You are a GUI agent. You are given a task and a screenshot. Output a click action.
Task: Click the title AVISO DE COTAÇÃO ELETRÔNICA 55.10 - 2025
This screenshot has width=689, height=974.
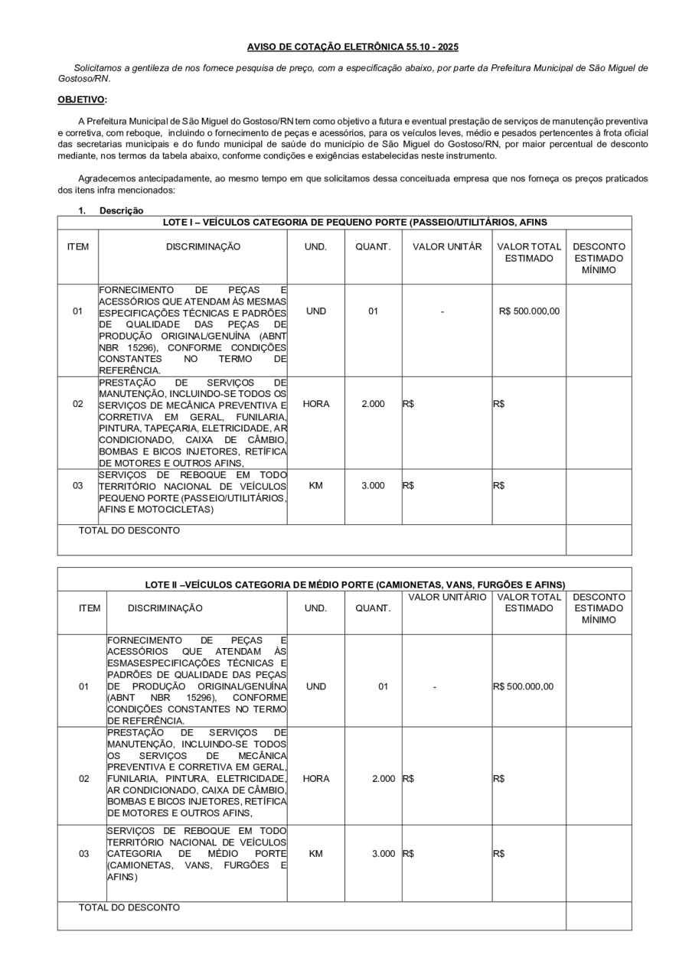pyautogui.click(x=353, y=47)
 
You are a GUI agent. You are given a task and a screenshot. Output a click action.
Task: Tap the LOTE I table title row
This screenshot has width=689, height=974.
pyautogui.click(x=354, y=223)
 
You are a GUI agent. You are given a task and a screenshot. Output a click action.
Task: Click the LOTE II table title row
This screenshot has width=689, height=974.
pyautogui.click(x=355, y=585)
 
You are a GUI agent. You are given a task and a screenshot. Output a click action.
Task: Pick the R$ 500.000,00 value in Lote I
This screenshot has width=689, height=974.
pyautogui.click(x=529, y=311)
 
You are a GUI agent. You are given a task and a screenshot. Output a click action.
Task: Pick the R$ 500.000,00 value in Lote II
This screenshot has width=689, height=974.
pyautogui.click(x=528, y=686)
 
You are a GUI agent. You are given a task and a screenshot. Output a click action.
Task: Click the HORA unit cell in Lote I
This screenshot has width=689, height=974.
pyautogui.click(x=316, y=403)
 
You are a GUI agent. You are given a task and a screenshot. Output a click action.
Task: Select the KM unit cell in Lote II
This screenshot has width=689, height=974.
pyautogui.click(x=316, y=853)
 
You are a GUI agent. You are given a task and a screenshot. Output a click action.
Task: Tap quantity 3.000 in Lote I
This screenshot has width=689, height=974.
pyautogui.click(x=373, y=485)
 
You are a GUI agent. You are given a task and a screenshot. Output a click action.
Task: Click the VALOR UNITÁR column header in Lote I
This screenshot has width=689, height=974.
pyautogui.click(x=447, y=246)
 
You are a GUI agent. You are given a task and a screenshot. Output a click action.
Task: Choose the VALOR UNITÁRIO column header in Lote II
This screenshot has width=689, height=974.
pyautogui.click(x=447, y=596)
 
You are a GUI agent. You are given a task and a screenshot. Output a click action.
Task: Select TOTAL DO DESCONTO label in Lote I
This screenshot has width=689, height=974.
pyautogui.click(x=129, y=530)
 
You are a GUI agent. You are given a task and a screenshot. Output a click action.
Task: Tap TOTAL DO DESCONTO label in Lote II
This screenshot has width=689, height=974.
pyautogui.click(x=129, y=907)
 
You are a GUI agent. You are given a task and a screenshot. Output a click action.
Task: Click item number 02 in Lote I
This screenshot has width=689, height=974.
pyautogui.click(x=78, y=403)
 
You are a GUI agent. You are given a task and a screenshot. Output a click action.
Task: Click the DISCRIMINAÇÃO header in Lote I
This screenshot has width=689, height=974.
pyautogui.click(x=203, y=246)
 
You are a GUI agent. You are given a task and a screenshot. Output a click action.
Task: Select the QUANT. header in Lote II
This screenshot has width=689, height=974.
pyautogui.click(x=373, y=608)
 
